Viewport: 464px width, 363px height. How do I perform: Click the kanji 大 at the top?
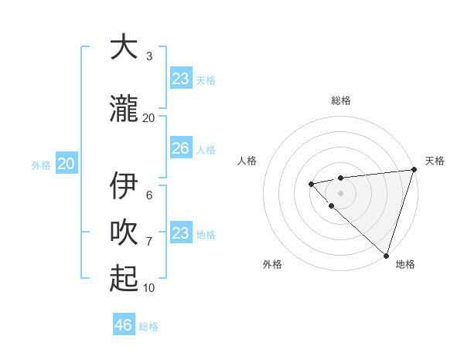124,47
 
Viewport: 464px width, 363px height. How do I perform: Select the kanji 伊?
124,186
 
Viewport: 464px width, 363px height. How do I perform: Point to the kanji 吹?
124,232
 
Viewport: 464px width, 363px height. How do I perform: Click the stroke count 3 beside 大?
149,56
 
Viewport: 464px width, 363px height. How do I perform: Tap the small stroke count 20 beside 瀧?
149,117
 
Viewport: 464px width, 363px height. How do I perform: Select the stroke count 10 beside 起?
149,287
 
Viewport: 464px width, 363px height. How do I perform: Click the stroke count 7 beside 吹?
149,241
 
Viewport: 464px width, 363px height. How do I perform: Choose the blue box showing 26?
180,148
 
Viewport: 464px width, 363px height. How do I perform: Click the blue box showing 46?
124,325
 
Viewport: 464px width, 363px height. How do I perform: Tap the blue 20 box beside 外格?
67,164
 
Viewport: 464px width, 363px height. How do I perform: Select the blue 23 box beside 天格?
180,79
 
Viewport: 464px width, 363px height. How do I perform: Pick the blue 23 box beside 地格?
180,233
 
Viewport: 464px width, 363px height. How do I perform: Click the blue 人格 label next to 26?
206,149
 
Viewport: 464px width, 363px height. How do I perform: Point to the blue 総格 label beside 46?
148,326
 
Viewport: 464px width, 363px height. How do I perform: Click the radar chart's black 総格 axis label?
341,101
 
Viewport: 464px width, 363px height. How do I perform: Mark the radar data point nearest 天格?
414,170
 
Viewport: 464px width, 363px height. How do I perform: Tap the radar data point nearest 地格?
385,254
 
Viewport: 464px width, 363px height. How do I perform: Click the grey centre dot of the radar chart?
341,192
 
